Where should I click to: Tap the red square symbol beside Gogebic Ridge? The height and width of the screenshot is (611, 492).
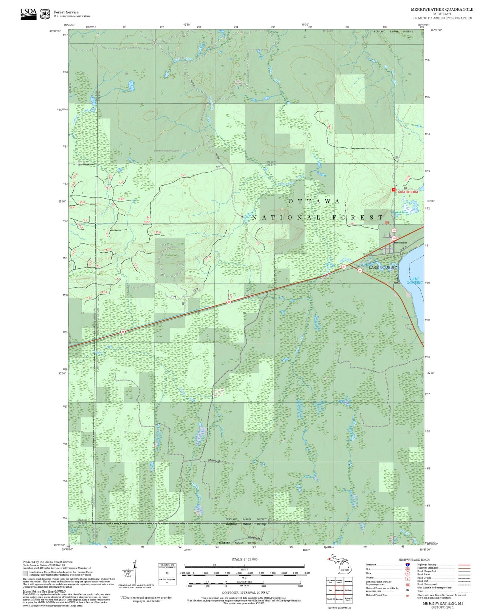click(x=394, y=190)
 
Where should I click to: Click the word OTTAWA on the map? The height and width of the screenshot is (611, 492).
click(x=314, y=201)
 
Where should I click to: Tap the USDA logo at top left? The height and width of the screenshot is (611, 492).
click(x=28, y=14)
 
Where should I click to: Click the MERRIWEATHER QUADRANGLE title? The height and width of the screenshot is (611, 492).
click(x=442, y=10)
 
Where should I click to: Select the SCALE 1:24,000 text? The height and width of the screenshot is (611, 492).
click(x=244, y=559)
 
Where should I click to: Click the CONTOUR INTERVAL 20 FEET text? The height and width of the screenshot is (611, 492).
click(x=246, y=593)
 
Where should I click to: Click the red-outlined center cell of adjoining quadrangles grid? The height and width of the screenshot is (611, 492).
click(x=339, y=590)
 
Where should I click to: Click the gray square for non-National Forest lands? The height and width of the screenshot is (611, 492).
click(x=25, y=574)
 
